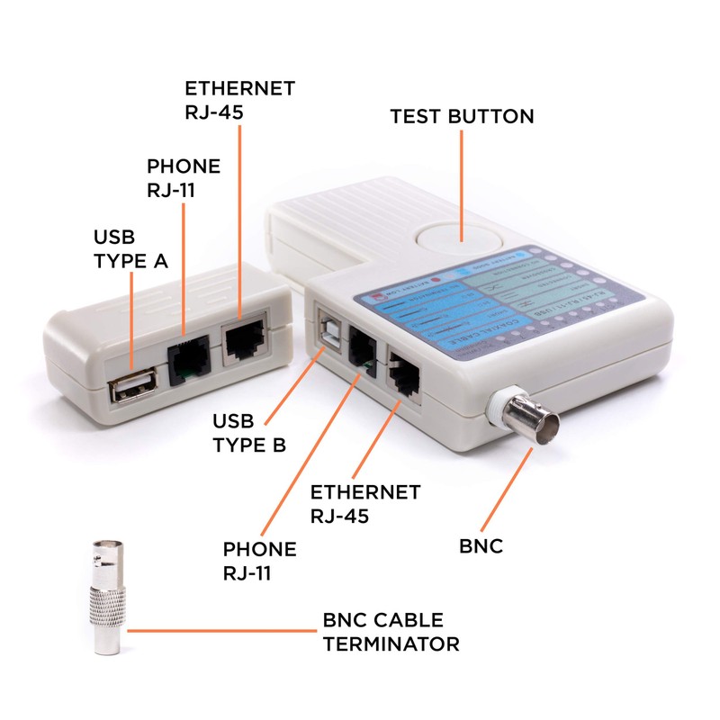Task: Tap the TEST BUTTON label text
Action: point(462,117)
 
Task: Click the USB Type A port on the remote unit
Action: point(132,390)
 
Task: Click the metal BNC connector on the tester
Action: point(522,420)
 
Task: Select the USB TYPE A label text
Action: point(131,249)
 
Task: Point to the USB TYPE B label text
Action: point(249,433)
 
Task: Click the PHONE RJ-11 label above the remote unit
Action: point(184,178)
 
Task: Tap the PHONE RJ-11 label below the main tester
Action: point(259,561)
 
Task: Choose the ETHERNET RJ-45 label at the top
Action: point(239,100)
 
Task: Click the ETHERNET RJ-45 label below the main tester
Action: point(364,504)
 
